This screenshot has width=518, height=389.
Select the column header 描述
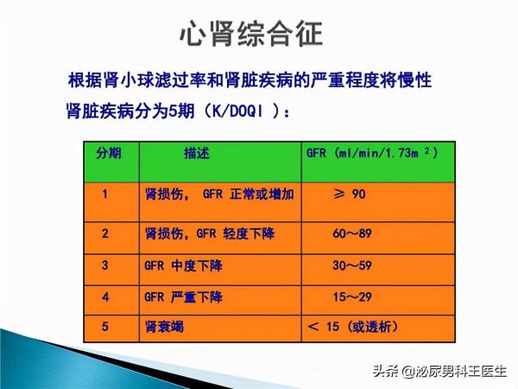tap(197, 153)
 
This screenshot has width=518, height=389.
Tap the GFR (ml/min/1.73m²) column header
tap(372, 153)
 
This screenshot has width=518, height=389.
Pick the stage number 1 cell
tap(105, 194)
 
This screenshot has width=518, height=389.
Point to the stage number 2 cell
tap(105, 233)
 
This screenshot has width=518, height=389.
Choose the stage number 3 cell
tap(105, 265)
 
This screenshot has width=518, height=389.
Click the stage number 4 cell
tap(105, 297)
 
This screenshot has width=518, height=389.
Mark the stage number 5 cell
tap(105, 328)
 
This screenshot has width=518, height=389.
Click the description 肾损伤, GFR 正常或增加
tap(218, 194)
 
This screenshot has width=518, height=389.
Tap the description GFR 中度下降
tap(183, 265)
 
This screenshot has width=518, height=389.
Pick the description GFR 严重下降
tap(183, 297)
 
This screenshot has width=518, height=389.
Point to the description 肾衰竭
tap(164, 328)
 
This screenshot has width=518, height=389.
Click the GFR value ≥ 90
tap(350, 194)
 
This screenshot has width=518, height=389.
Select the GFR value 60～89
tap(355, 233)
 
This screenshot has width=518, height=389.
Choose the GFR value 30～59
tap(355, 265)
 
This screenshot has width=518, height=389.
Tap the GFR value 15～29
tap(355, 297)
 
